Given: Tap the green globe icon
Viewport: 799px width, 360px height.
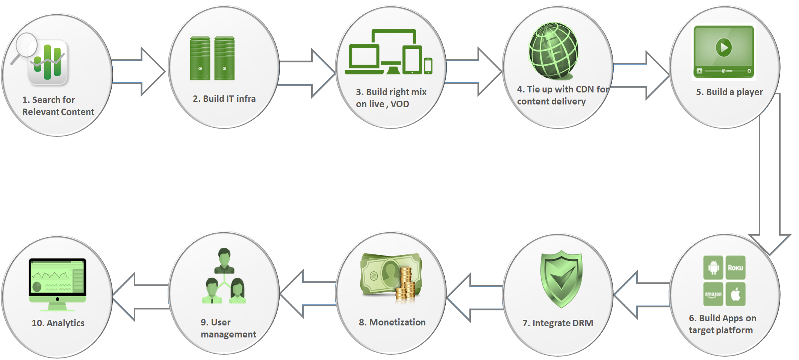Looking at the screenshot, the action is pos(554,51).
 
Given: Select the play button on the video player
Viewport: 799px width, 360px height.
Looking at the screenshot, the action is pos(723,48).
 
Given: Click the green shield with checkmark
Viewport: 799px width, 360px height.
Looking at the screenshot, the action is pos(561,278).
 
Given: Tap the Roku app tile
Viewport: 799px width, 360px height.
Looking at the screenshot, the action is pos(735,268).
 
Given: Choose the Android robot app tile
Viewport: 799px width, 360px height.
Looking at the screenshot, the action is pos(713,268).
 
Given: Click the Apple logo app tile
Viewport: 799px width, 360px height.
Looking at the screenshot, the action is pos(735,294).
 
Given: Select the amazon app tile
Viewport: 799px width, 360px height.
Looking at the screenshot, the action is pos(713,294).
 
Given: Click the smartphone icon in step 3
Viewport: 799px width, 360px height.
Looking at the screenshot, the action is pos(428,66).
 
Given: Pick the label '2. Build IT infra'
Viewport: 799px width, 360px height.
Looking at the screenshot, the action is pos(224,99).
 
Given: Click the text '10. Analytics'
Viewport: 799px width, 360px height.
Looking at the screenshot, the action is pos(58,323).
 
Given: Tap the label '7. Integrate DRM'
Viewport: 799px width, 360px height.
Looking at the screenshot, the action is pos(558,323).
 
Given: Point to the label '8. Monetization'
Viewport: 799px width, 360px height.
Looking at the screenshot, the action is pos(392,322).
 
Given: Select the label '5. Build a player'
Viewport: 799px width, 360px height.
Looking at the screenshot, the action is pos(729,92).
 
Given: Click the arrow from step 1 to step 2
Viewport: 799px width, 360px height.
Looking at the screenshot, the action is pos(138,71).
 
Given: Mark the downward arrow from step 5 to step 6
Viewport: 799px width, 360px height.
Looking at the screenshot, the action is pos(770,177).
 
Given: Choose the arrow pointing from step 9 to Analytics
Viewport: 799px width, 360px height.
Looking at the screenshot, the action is pos(141,297).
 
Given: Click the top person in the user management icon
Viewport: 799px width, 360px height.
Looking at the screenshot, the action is pos(224,260).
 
